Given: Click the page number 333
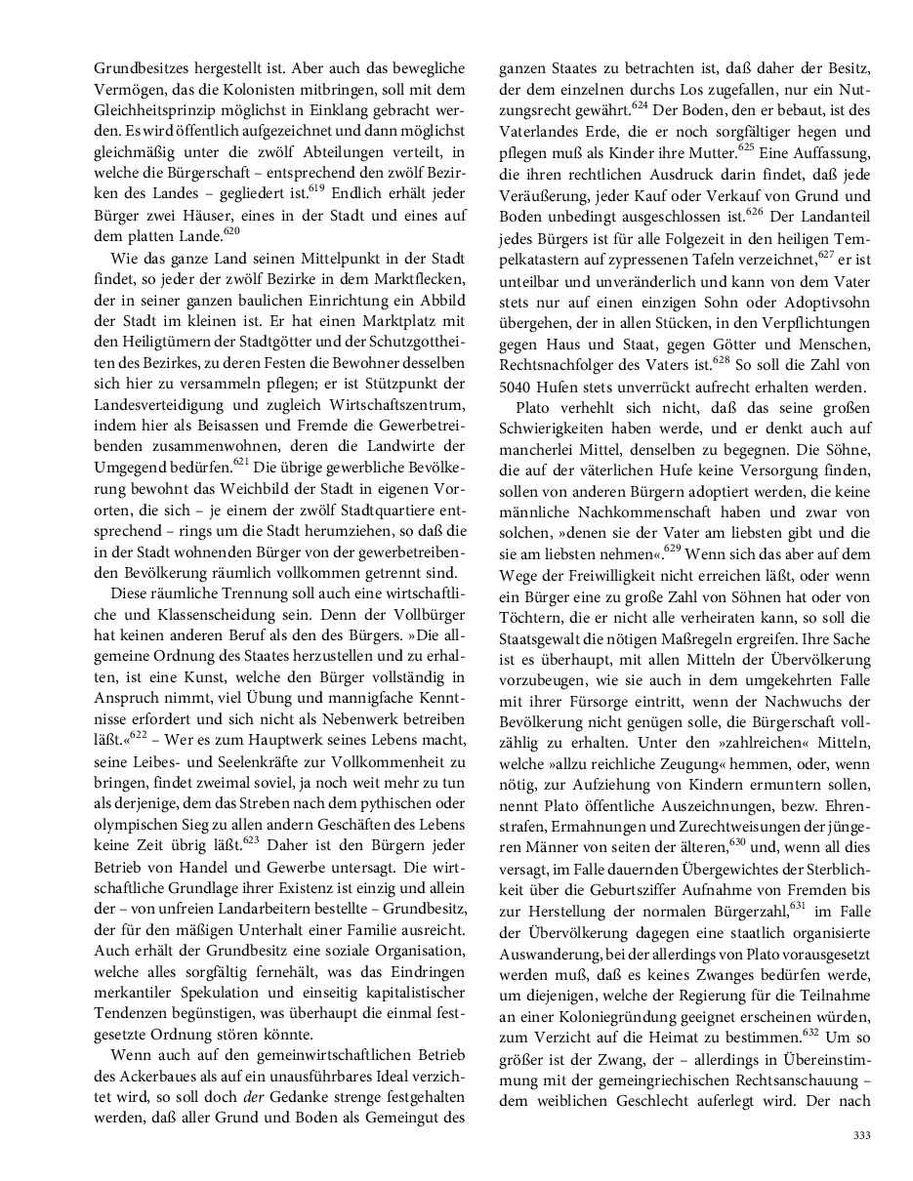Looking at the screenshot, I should (x=861, y=1135).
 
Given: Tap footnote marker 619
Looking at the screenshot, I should (x=316, y=186).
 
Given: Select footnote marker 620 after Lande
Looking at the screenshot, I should (x=231, y=230).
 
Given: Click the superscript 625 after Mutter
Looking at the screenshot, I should (x=747, y=146).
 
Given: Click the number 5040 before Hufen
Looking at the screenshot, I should (x=519, y=387).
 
